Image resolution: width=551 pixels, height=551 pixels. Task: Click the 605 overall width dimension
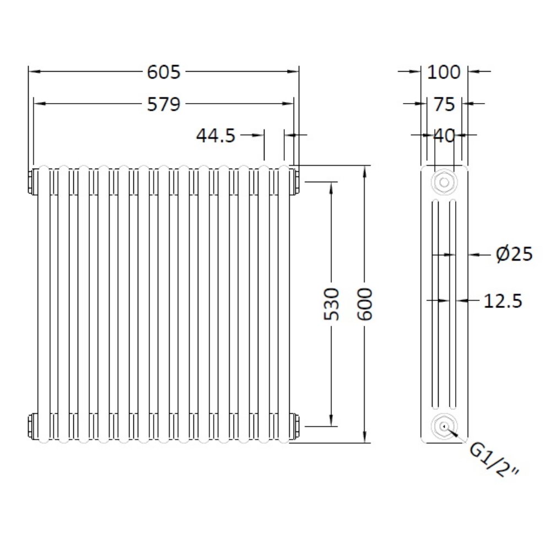click(164, 72)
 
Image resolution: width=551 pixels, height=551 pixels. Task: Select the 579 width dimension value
click(164, 104)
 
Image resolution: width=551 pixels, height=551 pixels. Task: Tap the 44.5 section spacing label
click(216, 135)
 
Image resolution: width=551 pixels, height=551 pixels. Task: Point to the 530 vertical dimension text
click(332, 304)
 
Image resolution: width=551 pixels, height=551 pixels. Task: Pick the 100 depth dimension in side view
click(444, 72)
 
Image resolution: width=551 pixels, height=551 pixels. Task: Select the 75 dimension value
click(444, 104)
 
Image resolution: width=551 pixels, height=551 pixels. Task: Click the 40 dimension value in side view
click(444, 136)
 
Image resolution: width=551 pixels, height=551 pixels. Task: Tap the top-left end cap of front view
click(31, 182)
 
